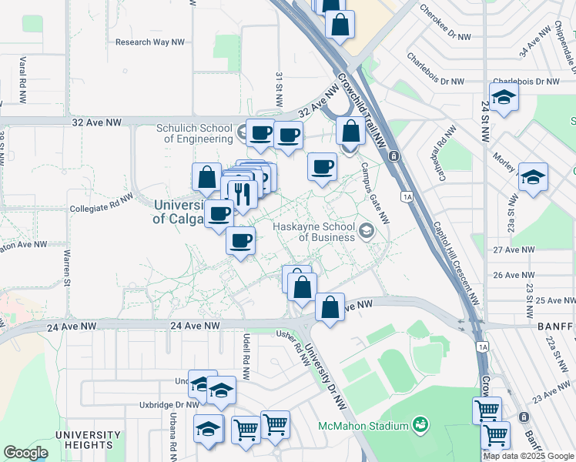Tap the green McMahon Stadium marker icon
tap(420, 424)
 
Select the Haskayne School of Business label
tap(316, 232)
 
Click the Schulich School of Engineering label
tap(194, 134)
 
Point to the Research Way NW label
tap(150, 42)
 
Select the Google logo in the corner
tap(26, 453)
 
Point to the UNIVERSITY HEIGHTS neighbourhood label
tap(88, 440)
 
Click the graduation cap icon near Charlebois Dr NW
tap(504, 97)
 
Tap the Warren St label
tap(67, 264)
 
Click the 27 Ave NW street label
tap(514, 249)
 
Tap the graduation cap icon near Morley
tap(533, 177)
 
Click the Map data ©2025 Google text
tap(528, 456)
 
